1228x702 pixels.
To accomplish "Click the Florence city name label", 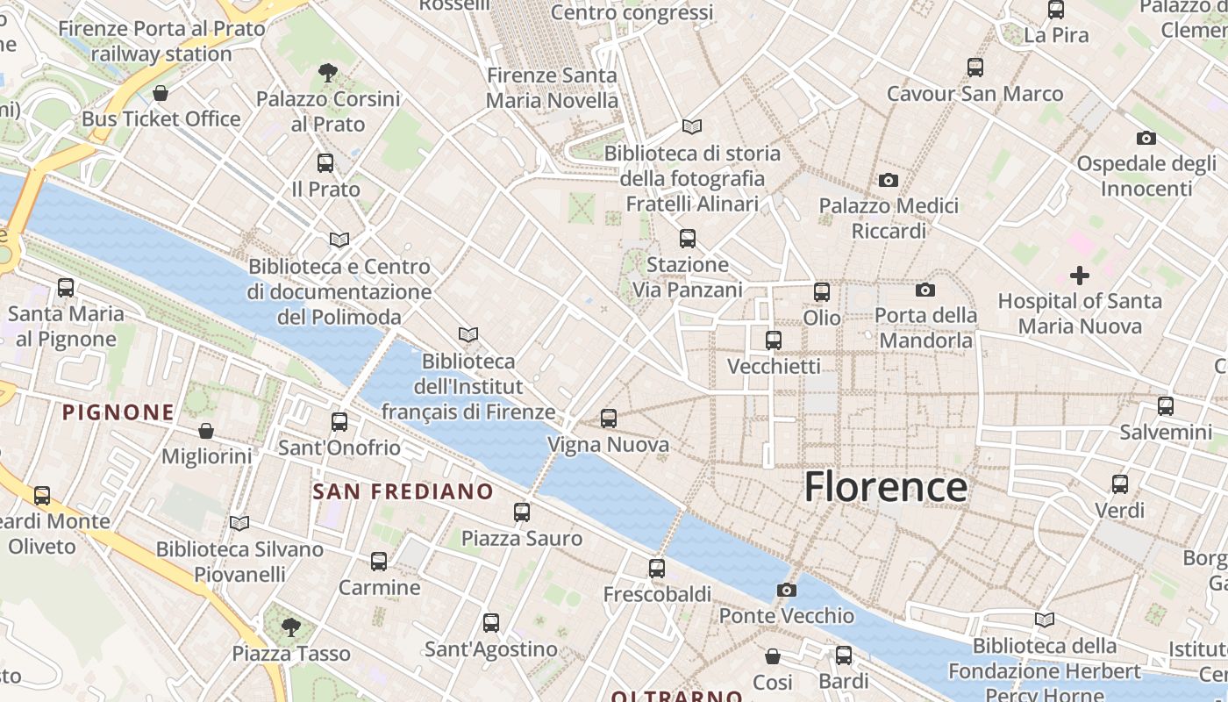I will (886, 487).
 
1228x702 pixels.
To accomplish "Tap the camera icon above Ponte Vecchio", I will (787, 590).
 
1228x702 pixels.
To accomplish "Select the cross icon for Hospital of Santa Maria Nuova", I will (1080, 276).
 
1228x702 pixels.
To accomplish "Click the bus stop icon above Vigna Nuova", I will (609, 419).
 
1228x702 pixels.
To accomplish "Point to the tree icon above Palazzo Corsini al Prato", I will (328, 72).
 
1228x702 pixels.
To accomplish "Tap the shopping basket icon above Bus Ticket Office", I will (161, 93).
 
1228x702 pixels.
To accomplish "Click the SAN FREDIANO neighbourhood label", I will (403, 491).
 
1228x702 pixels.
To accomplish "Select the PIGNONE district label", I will (118, 412).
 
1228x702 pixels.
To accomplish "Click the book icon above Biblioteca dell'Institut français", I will (468, 334).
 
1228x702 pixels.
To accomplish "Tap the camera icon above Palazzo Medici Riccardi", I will (889, 180).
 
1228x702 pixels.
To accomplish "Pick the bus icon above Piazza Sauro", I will (522, 512).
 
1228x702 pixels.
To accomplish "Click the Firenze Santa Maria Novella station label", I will (553, 88).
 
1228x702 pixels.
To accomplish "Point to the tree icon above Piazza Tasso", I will (291, 627).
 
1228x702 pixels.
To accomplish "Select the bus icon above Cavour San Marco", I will (975, 68).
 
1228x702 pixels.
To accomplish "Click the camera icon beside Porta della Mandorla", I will (925, 290).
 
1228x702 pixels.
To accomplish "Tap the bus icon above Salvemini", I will (1166, 406).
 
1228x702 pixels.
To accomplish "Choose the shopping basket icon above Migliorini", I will (206, 431).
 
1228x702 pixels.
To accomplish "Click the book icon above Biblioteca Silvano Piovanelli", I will (239, 523).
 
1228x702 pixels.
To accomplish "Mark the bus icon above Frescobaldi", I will (657, 569).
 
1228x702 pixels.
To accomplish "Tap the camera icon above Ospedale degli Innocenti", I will (1146, 138).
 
